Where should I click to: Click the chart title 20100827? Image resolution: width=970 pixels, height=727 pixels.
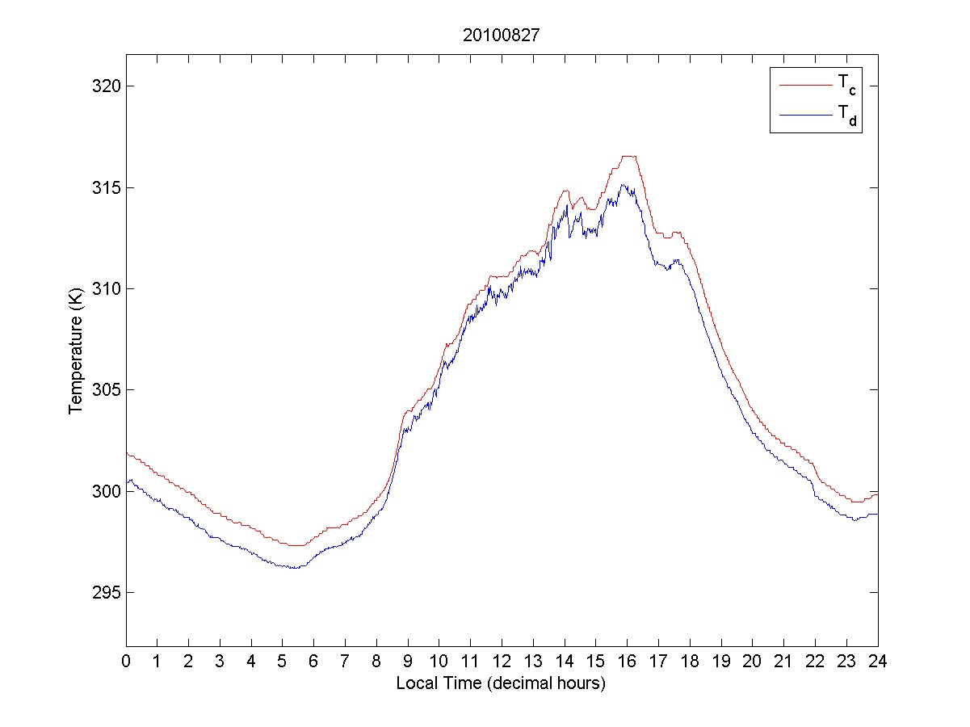click(x=501, y=36)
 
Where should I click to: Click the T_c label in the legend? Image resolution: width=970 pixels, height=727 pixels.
click(x=846, y=84)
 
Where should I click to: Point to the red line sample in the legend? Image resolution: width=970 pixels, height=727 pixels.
click(x=804, y=84)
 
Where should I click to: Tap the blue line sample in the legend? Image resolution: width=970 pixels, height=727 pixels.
click(x=804, y=116)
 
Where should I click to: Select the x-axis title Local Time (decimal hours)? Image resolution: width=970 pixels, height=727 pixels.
click(x=501, y=683)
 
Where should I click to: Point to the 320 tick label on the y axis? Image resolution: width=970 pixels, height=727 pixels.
click(x=101, y=86)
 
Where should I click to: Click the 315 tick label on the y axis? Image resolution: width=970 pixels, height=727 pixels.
click(x=101, y=187)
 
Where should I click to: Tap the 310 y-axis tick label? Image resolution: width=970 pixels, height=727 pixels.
click(x=101, y=288)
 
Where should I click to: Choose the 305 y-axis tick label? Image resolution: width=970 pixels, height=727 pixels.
click(x=101, y=390)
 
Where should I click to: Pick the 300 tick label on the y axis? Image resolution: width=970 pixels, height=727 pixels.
click(x=101, y=491)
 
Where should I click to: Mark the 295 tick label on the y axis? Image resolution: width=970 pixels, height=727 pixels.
click(x=101, y=592)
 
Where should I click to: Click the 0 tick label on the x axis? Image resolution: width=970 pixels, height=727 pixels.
click(x=126, y=660)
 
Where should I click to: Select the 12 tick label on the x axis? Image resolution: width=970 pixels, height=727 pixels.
click(x=502, y=660)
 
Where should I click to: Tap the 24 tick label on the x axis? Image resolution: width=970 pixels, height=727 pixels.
click(x=878, y=660)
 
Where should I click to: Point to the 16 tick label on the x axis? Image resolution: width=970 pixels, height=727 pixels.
click(x=627, y=660)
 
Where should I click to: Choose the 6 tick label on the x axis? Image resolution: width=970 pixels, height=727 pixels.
click(x=314, y=660)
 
